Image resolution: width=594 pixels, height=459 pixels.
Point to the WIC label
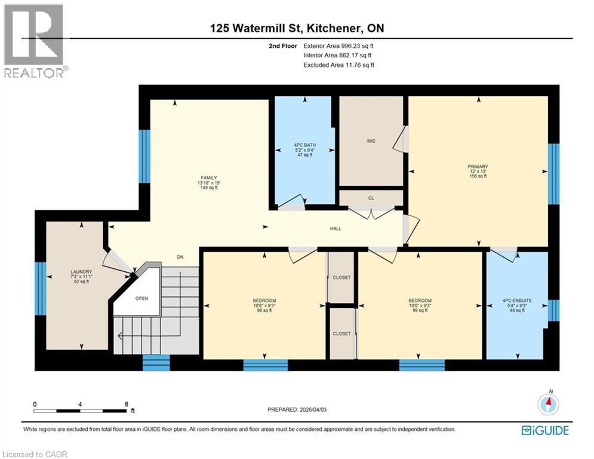pos(371,142)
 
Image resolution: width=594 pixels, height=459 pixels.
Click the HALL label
pos(336,228)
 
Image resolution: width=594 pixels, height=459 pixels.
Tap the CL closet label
pos(371,198)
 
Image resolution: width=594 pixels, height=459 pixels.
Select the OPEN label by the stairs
pos(141,298)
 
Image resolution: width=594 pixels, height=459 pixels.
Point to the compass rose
pos(548,405)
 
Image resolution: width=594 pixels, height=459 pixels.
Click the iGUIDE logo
pos(544,430)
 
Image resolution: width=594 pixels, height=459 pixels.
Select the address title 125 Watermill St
pos(297,29)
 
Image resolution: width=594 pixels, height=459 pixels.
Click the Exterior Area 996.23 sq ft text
pos(338,45)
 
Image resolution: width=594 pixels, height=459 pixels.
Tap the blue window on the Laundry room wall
pos(41,288)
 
